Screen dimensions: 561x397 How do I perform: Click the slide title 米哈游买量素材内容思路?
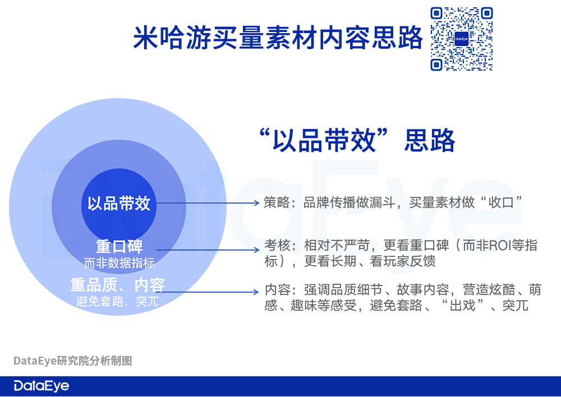(x=278, y=37)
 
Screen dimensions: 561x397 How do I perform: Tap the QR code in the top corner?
(x=462, y=39)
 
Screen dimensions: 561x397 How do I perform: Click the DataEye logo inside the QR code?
(x=462, y=39)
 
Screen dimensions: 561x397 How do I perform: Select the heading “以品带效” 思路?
(x=357, y=141)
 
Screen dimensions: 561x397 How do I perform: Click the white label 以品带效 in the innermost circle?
(x=119, y=203)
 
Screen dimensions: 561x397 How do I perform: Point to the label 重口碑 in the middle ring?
(x=119, y=247)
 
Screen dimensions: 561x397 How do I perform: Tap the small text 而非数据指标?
(x=119, y=263)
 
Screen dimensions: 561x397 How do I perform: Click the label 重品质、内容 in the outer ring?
(x=117, y=285)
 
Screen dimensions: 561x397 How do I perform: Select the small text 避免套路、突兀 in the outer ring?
(x=117, y=301)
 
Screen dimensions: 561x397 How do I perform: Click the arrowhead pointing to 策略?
(x=256, y=203)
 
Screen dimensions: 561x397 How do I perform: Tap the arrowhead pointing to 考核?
(x=256, y=250)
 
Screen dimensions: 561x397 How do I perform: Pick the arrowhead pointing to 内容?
(x=256, y=292)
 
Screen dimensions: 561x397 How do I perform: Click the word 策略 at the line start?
(x=277, y=202)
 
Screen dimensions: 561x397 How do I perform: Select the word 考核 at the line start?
(x=277, y=246)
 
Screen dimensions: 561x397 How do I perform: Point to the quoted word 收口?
(x=501, y=202)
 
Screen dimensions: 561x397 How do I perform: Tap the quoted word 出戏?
(x=462, y=306)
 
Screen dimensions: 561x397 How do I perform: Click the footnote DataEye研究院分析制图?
(x=72, y=361)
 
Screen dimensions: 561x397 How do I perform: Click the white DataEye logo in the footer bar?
(x=42, y=386)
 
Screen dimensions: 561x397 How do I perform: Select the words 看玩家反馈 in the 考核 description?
(x=402, y=261)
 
